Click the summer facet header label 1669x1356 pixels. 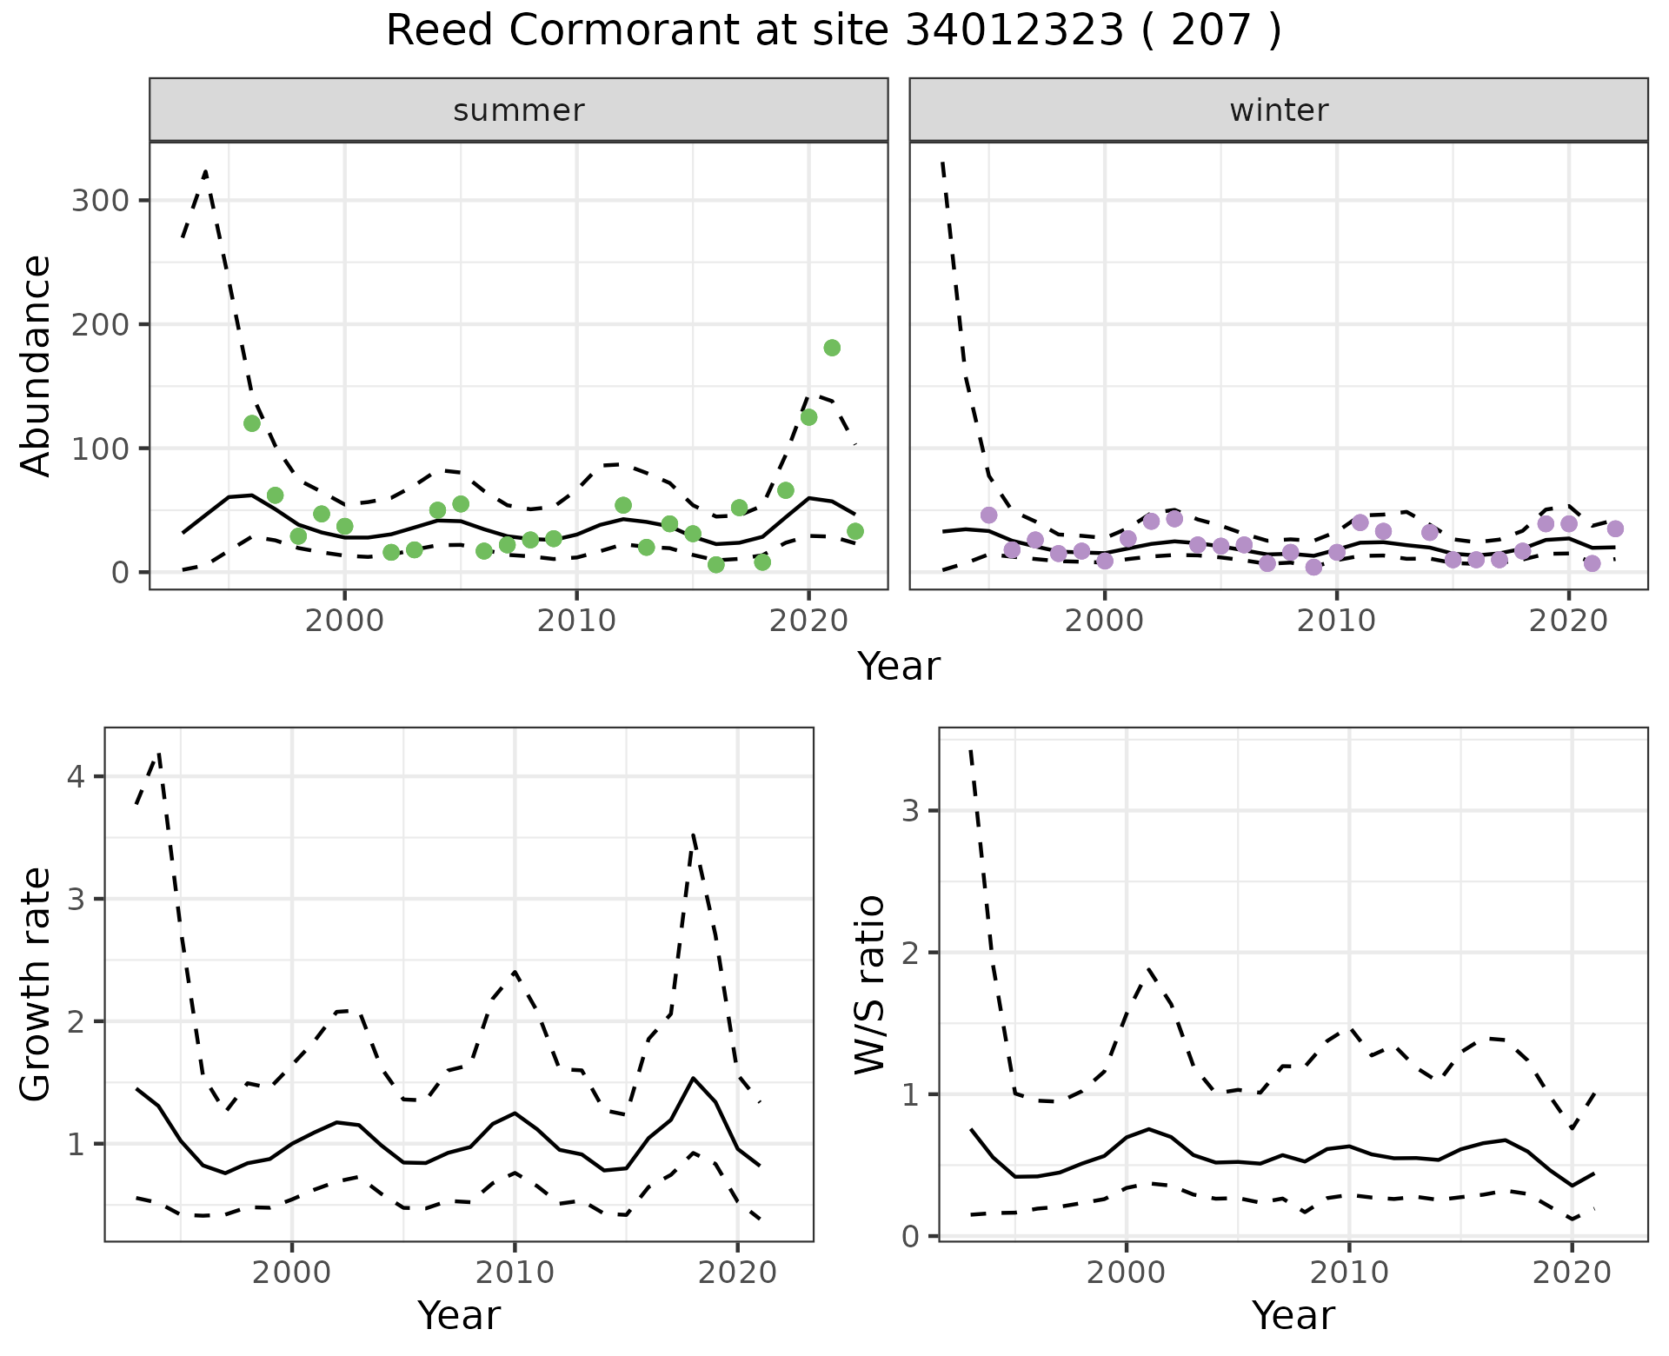[519, 110]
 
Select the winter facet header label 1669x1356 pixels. [1279, 110]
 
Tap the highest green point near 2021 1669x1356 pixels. [832, 348]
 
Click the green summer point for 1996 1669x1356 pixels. [252, 423]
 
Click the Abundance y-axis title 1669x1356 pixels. [37, 365]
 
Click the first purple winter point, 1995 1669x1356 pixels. [988, 515]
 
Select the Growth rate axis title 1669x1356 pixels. [37, 984]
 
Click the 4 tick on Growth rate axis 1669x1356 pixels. [76, 776]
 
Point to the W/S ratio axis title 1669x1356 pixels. [870, 984]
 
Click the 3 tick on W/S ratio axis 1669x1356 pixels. [910, 811]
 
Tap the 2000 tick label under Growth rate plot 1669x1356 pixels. [292, 1273]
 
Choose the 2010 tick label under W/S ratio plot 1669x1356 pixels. [1349, 1273]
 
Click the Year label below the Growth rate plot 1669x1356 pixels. [459, 1316]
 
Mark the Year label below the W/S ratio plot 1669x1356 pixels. [1293, 1316]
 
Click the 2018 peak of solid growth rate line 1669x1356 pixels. [693, 1078]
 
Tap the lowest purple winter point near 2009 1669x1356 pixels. [1313, 568]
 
